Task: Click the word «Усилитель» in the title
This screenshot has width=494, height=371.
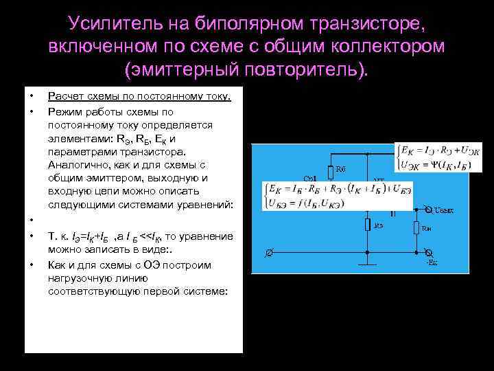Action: pos(113,24)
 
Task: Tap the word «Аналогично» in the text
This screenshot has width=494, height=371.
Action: pos(75,165)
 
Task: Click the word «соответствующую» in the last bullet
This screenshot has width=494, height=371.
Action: pos(89,291)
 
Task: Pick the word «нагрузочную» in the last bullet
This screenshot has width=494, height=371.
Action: pos(78,278)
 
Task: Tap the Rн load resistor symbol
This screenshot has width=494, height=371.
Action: pos(416,229)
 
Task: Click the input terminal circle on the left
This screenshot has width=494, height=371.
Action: pos(268,253)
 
